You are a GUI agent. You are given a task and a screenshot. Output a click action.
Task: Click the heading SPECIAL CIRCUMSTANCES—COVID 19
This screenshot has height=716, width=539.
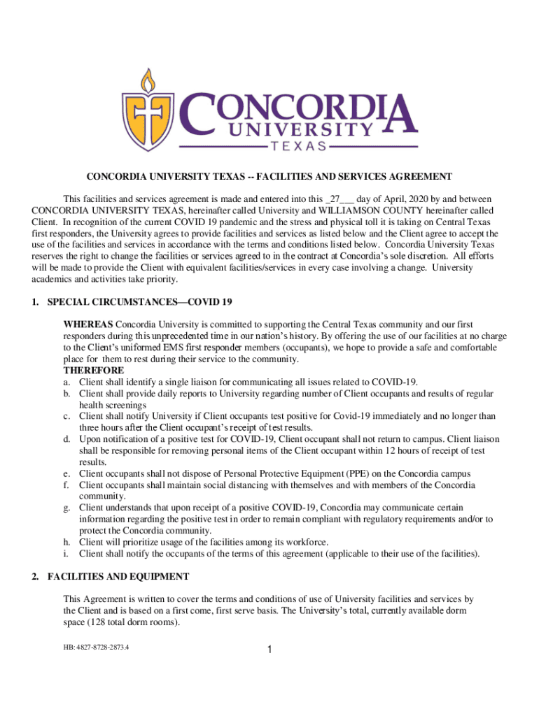point(139,302)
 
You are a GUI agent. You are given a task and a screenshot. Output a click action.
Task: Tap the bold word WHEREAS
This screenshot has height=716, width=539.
point(88,324)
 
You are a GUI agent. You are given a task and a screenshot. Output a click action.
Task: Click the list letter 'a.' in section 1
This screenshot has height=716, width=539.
point(68,381)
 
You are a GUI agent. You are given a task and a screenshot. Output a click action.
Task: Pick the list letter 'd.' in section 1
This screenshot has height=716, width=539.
point(68,438)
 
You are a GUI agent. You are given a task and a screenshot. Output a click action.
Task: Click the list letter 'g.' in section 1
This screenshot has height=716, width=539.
point(68,507)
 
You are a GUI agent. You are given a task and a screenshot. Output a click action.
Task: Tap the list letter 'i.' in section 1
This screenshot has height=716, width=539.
point(67,553)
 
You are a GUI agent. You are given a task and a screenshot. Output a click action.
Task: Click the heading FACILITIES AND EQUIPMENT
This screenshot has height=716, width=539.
point(118,577)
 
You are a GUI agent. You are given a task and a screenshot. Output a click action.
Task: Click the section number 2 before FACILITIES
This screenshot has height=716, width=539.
point(35,577)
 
